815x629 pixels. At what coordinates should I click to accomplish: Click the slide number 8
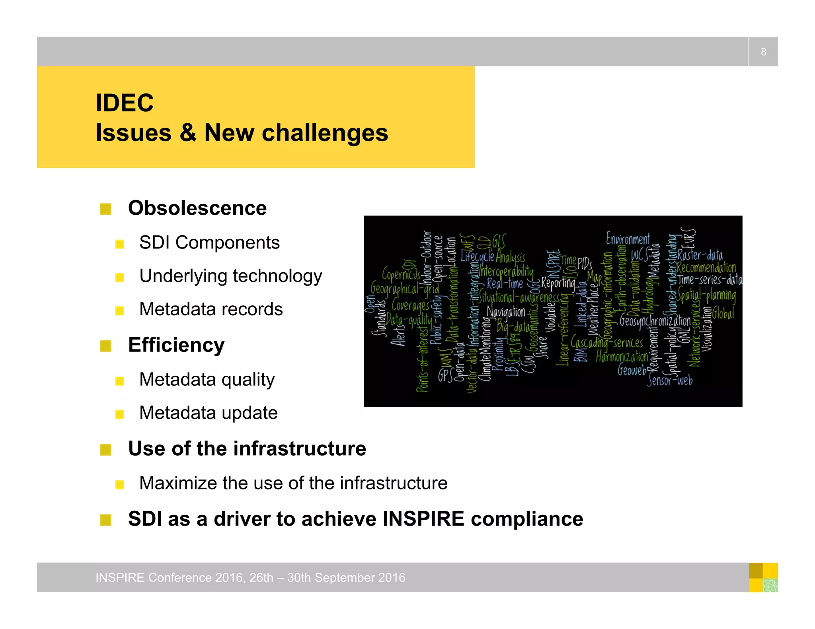(x=763, y=52)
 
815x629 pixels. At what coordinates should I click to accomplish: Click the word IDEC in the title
(x=125, y=103)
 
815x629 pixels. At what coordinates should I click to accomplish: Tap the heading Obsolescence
(x=197, y=208)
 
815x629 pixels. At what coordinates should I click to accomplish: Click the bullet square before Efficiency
(x=105, y=346)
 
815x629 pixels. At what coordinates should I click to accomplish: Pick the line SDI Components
(x=209, y=243)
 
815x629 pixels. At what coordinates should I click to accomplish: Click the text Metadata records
(x=211, y=309)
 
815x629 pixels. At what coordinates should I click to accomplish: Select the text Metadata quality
(x=207, y=379)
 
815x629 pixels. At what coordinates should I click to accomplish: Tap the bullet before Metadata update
(x=119, y=414)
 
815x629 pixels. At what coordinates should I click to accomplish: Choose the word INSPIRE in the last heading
(x=423, y=519)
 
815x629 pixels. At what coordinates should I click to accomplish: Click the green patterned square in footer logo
(x=770, y=585)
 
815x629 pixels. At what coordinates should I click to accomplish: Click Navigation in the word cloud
(x=506, y=312)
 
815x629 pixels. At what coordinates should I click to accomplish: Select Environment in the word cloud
(x=628, y=239)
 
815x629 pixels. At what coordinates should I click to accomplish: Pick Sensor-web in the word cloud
(x=670, y=380)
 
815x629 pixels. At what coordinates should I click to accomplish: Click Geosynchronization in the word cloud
(x=655, y=320)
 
